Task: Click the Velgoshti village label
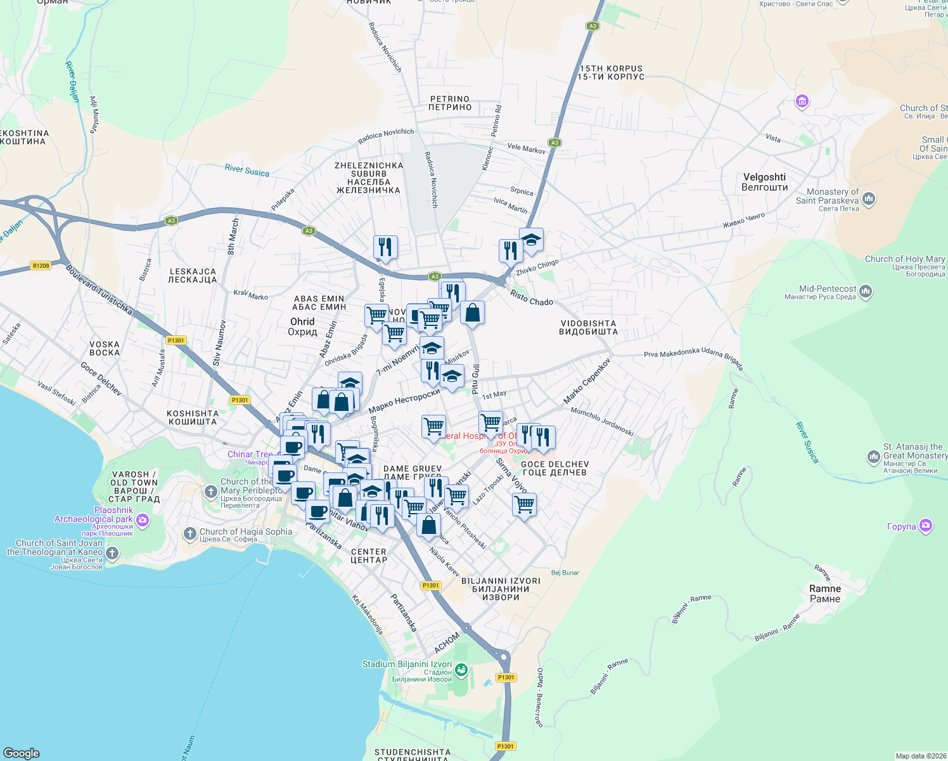(764, 182)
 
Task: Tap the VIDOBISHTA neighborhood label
(588, 327)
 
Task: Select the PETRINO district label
(450, 103)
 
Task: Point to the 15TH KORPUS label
(611, 73)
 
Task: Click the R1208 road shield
(41, 266)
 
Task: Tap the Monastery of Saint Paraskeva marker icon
(869, 199)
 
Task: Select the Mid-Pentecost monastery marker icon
(866, 292)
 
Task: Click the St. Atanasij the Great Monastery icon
(873, 457)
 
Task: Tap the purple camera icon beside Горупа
(926, 526)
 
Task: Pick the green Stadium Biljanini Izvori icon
(461, 669)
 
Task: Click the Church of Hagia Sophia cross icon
(189, 533)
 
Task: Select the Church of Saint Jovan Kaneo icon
(112, 554)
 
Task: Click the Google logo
(22, 753)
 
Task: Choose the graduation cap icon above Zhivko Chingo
(531, 240)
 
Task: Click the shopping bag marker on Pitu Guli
(472, 313)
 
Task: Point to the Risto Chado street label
(532, 298)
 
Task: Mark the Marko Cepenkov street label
(587, 381)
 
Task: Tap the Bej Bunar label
(565, 573)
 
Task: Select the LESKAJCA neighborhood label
(193, 276)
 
